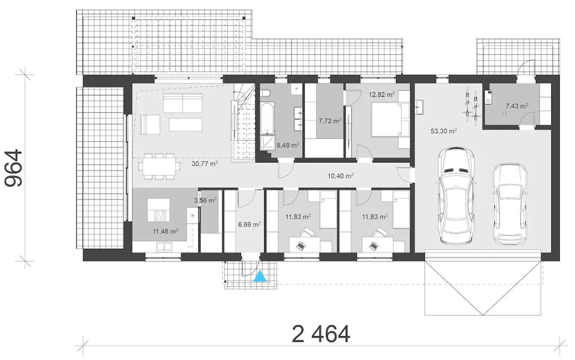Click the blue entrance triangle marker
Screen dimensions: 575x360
[260, 276]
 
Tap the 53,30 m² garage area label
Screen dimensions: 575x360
[443, 131]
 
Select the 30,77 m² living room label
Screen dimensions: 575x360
[205, 163]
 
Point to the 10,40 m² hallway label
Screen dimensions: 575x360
[341, 176]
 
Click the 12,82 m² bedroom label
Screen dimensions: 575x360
[382, 94]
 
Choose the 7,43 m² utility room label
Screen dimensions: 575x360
[517, 105]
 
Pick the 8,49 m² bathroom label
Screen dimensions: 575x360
[288, 145]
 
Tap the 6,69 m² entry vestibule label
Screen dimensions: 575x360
[249, 224]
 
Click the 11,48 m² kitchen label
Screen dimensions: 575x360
[166, 231]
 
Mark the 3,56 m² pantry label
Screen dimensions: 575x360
[205, 200]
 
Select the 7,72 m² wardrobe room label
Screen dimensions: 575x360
[330, 121]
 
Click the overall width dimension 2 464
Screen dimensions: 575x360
[321, 334]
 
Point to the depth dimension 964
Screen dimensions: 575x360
[13, 168]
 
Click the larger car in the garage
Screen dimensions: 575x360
[456, 196]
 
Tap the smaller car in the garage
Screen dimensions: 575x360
[510, 204]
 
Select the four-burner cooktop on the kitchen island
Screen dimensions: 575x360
[160, 215]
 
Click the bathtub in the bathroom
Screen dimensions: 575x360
[267, 118]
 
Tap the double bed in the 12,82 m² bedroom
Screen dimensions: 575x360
[387, 119]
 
